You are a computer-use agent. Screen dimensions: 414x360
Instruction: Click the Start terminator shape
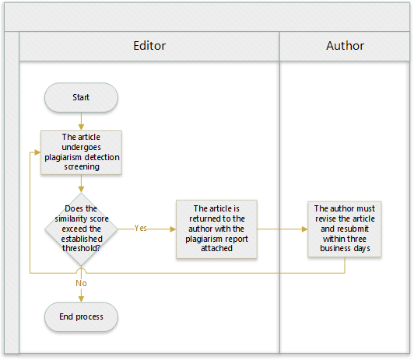click(x=81, y=97)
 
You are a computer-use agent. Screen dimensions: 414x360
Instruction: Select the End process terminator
click(x=81, y=316)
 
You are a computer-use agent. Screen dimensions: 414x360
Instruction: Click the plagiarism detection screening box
click(x=81, y=152)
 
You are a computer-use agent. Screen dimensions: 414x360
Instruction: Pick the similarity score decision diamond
click(x=81, y=229)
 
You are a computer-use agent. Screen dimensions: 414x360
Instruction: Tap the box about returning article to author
click(x=216, y=229)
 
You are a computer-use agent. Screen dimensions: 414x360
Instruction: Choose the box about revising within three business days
click(x=345, y=229)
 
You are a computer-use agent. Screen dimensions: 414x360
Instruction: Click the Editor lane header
click(x=149, y=46)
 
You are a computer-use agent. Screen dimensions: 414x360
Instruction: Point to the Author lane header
click(x=345, y=46)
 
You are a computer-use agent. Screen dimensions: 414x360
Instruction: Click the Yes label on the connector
click(x=140, y=228)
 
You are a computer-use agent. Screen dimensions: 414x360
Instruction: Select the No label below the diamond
click(x=81, y=283)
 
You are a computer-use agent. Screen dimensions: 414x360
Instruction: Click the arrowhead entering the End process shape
click(x=81, y=299)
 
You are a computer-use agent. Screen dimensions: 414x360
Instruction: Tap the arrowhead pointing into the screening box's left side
click(x=37, y=152)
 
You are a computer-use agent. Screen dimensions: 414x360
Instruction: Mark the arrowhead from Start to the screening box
click(x=81, y=127)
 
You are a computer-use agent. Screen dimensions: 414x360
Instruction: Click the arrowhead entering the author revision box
click(x=305, y=229)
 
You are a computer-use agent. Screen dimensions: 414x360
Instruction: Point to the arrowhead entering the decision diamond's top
click(x=81, y=190)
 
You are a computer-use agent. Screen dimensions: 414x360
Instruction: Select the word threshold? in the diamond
click(x=81, y=249)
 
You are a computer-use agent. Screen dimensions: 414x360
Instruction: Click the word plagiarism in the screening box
click(x=61, y=157)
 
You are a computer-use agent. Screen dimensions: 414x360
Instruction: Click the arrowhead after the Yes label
click(x=173, y=229)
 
